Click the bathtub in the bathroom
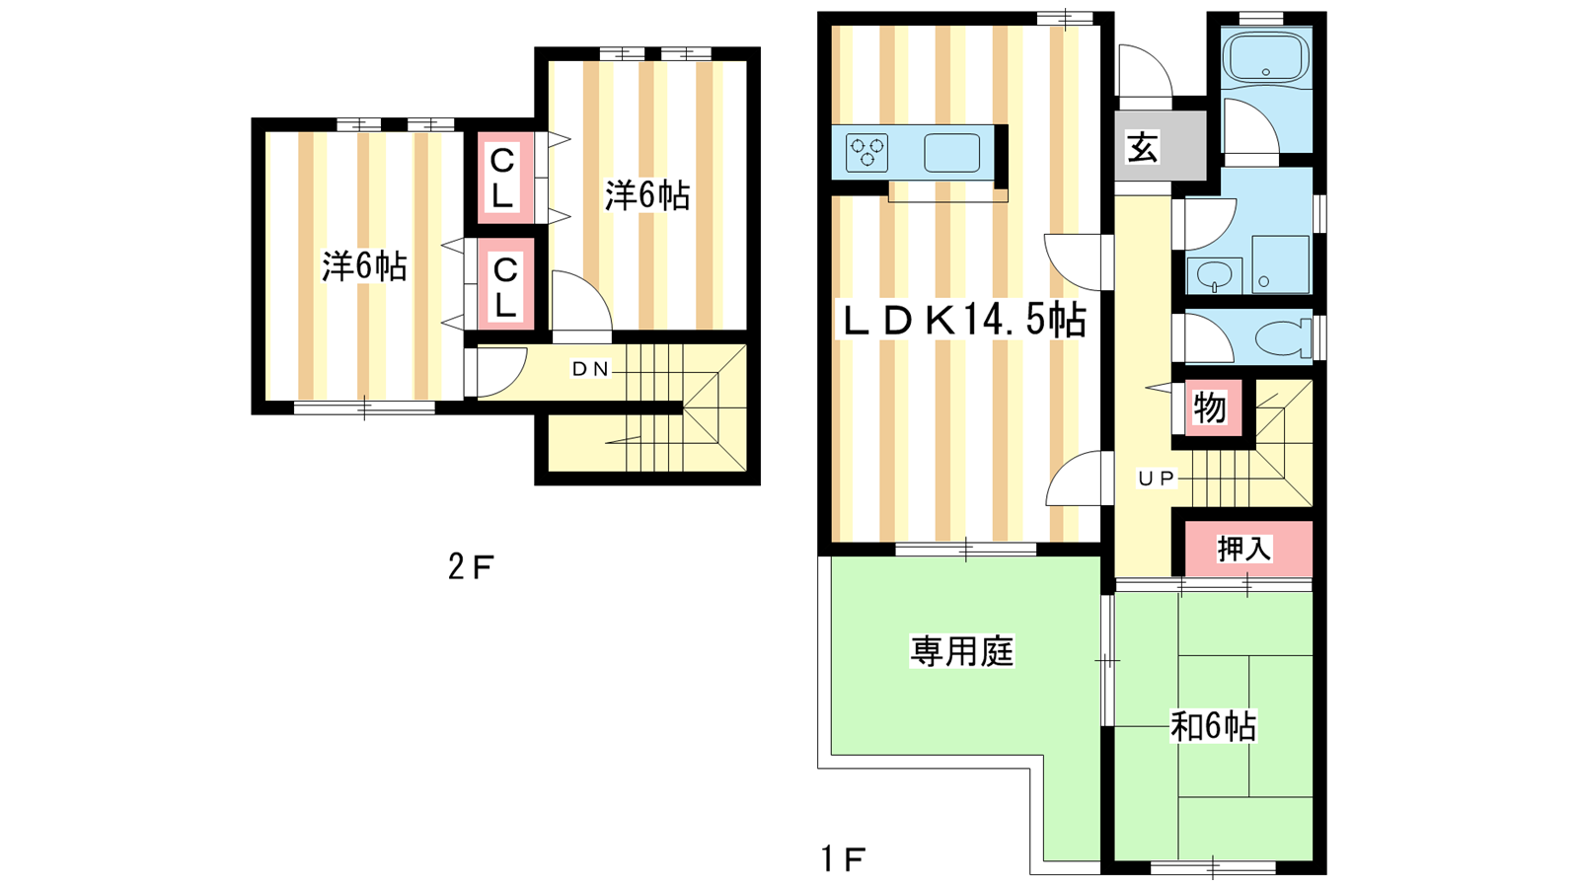(1265, 56)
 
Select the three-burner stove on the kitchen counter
(867, 153)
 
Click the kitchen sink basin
(951, 153)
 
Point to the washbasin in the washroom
(1215, 275)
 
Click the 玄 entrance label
(1143, 147)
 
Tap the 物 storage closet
(1210, 408)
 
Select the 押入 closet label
(1244, 549)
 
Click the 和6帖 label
(1213, 726)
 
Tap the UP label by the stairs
(1157, 479)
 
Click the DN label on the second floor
(591, 369)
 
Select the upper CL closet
(502, 178)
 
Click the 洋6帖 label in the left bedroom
(364, 266)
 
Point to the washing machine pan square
(1280, 264)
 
